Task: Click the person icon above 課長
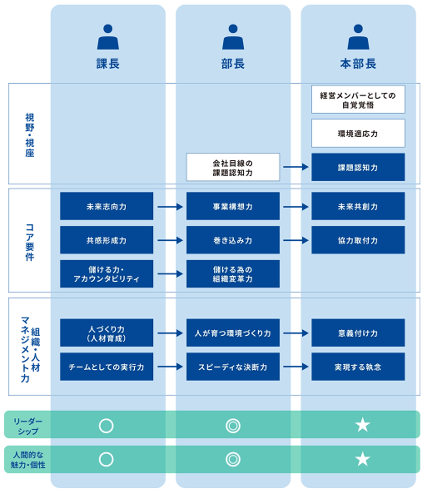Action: pyautogui.click(x=108, y=37)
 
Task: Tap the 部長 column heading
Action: pyautogui.click(x=233, y=64)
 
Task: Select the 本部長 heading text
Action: pyautogui.click(x=358, y=64)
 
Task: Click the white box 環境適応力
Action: pyautogui.click(x=358, y=133)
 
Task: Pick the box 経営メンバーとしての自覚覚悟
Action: pyautogui.click(x=358, y=99)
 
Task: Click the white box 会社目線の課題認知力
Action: pyautogui.click(x=233, y=168)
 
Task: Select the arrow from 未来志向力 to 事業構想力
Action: pyautogui.click(x=170, y=207)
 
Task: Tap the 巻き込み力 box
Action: pyautogui.click(x=233, y=240)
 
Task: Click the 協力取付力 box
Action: pyautogui.click(x=358, y=240)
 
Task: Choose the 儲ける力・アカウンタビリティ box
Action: pyautogui.click(x=107, y=274)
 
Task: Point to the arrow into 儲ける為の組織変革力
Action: pyautogui.click(x=170, y=274)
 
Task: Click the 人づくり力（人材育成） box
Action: pyautogui.click(x=107, y=333)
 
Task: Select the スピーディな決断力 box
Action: pyautogui.click(x=233, y=367)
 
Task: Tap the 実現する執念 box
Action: pyautogui.click(x=358, y=367)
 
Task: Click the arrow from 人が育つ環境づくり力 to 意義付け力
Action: pyautogui.click(x=296, y=333)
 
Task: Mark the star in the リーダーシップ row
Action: pyautogui.click(x=363, y=425)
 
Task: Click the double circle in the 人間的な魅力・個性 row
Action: pyautogui.click(x=233, y=459)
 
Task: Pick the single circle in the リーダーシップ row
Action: pyautogui.click(x=106, y=426)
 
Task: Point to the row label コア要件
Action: pyautogui.click(x=30, y=242)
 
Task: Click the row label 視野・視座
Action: pyautogui.click(x=30, y=135)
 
